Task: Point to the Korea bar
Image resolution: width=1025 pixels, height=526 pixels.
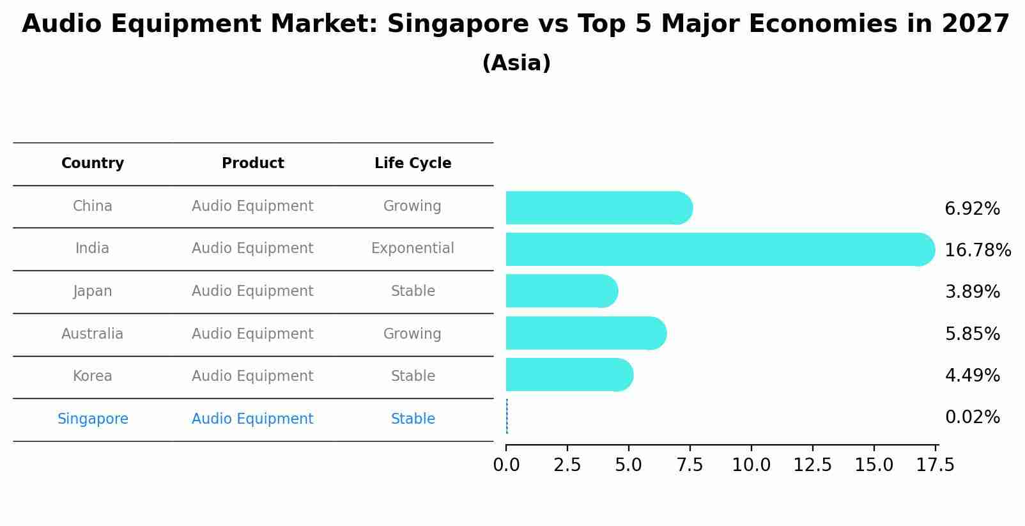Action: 569,375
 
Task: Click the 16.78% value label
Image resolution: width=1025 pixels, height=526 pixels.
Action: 977,250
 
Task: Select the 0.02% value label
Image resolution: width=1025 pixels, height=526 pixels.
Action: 972,417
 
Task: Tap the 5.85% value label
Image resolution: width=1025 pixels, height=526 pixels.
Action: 972,334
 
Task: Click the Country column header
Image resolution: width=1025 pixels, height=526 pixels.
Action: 93,164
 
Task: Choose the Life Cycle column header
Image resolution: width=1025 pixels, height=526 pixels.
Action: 413,164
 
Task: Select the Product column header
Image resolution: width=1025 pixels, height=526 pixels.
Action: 252,164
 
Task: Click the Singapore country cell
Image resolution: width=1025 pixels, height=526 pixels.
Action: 93,419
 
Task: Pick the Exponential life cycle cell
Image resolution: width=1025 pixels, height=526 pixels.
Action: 413,249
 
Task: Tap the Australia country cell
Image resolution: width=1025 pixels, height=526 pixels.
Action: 93,334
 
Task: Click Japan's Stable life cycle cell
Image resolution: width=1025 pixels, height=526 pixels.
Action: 413,291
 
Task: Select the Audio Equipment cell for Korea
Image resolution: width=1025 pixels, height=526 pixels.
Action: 252,376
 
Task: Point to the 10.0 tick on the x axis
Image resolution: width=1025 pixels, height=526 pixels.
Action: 751,465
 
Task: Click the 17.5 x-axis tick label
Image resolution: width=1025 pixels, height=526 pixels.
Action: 935,465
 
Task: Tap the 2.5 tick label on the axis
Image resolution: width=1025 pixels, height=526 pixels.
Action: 567,465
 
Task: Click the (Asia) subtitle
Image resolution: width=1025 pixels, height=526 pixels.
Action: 516,63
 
